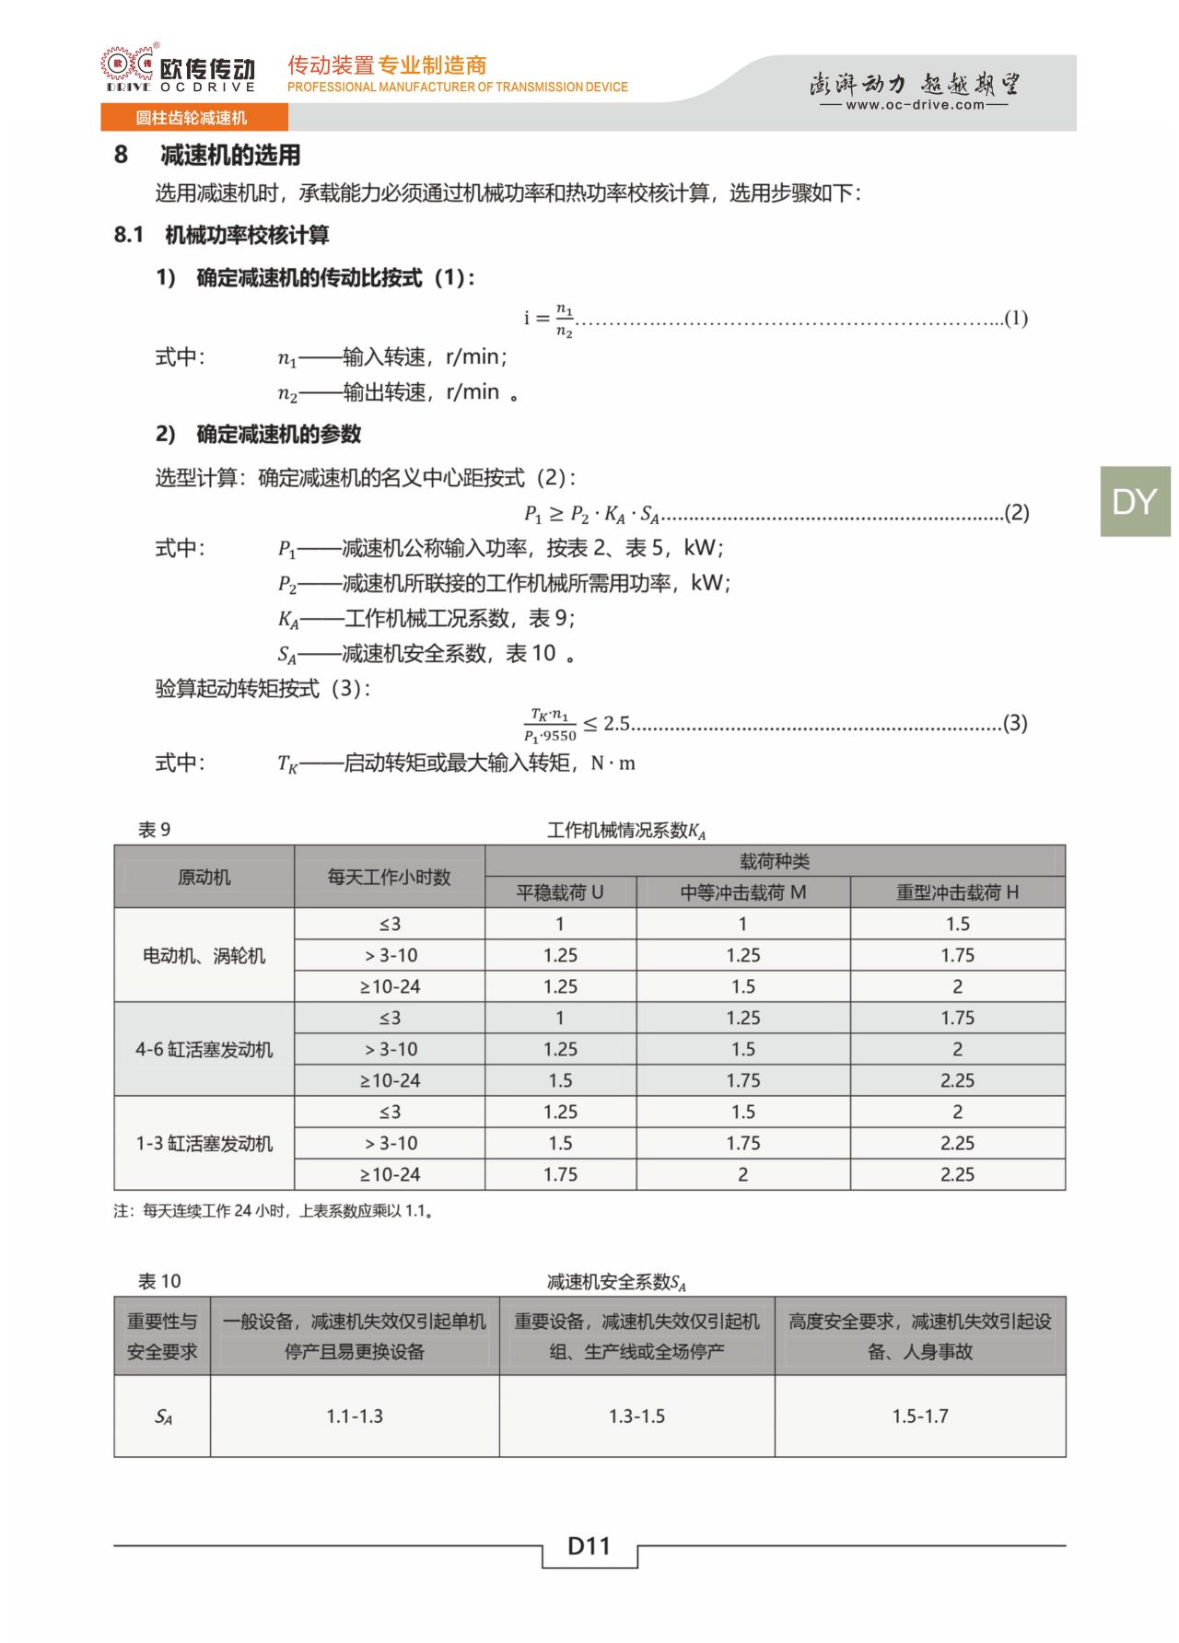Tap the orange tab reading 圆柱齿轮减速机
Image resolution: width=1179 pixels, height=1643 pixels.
193,118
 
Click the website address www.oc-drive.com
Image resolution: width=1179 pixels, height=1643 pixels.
914,105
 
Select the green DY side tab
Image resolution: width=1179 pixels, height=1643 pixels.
1134,502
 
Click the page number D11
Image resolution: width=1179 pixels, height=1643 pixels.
589,1546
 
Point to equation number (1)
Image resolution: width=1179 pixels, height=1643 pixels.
1015,319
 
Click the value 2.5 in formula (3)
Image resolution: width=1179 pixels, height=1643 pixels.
616,724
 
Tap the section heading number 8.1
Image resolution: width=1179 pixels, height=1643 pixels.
129,236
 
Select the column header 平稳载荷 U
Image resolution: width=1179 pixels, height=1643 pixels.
560,892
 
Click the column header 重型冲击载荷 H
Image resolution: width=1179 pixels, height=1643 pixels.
957,892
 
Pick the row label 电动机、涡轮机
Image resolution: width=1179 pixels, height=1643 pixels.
204,956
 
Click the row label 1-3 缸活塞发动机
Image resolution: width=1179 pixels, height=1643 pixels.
204,1144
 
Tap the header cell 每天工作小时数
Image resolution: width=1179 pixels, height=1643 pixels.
389,877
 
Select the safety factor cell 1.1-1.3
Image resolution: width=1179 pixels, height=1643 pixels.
355,1416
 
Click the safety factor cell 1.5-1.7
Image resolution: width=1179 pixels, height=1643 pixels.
919,1416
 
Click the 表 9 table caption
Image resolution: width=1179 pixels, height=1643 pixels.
154,830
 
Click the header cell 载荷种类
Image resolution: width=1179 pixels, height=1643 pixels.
774,861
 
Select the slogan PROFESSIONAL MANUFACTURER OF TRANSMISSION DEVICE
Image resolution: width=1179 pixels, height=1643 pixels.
457,87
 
